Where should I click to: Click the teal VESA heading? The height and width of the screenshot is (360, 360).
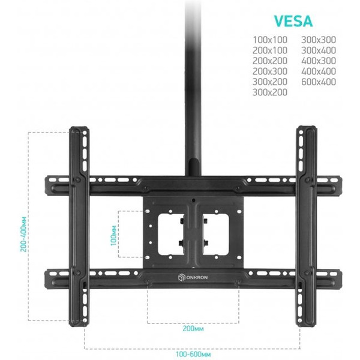point(293,21)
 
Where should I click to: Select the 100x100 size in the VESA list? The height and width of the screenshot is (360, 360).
point(270,40)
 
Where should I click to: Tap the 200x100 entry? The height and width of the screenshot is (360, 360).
point(270,50)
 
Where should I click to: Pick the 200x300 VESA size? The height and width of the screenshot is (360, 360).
point(270,71)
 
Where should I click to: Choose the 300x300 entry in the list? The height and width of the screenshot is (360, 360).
point(319,40)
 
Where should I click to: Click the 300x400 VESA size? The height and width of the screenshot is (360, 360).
point(319,50)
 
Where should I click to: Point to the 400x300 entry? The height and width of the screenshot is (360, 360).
point(319,61)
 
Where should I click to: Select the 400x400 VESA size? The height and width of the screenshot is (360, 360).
point(319,71)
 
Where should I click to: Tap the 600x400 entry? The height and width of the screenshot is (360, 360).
point(319,82)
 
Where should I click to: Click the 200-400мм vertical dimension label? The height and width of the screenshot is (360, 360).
point(23,234)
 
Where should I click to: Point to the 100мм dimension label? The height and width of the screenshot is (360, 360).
point(113,236)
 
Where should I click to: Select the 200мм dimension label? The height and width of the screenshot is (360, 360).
point(193,329)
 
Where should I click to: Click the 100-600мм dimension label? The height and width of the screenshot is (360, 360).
point(193,354)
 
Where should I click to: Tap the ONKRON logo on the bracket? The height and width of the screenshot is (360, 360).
point(193,278)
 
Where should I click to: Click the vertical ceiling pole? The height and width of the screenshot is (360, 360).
point(193,87)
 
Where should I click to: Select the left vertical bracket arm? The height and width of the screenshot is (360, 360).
point(79,226)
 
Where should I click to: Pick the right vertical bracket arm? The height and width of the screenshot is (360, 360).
point(307,226)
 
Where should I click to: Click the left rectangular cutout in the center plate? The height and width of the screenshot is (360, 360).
point(171,234)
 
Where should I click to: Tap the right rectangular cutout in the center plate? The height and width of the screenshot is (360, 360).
point(215,234)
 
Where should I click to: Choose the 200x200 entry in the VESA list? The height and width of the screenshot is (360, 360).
point(270,61)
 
